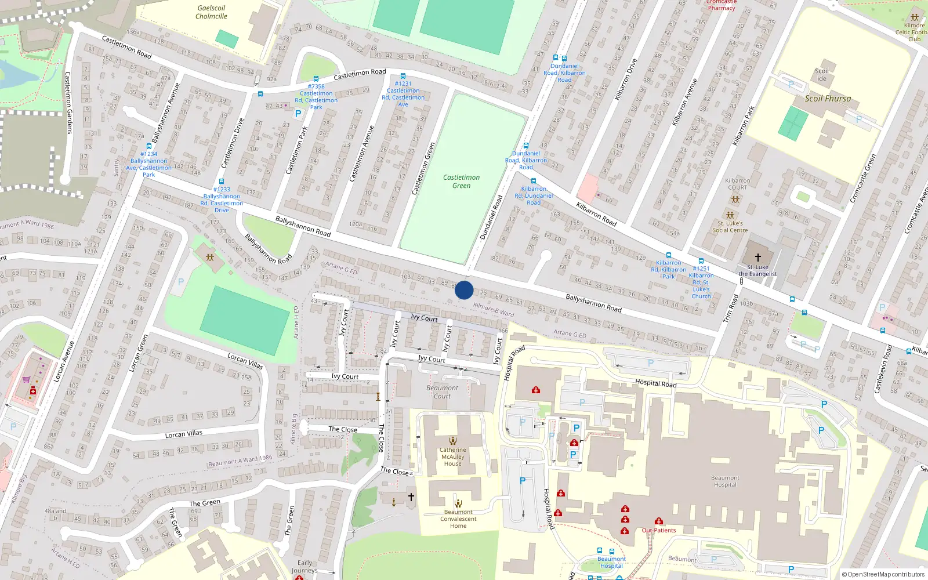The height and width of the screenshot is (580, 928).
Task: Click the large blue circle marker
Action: click(x=464, y=290)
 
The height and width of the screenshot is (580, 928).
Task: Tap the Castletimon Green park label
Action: click(x=461, y=182)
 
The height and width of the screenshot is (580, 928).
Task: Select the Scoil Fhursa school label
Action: click(x=828, y=99)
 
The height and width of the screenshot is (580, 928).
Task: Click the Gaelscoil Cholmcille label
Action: click(x=211, y=12)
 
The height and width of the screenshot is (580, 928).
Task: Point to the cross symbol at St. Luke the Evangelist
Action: click(x=757, y=257)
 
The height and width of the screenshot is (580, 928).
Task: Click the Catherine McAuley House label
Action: click(x=452, y=456)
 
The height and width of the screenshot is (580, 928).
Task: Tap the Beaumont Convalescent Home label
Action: click(x=458, y=519)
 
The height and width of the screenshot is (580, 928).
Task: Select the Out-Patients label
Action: click(x=659, y=530)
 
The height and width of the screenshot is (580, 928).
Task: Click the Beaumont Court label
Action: click(x=442, y=392)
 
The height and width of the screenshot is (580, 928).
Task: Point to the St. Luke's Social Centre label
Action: click(x=730, y=227)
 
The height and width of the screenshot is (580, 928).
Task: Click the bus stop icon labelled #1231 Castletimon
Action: click(x=403, y=76)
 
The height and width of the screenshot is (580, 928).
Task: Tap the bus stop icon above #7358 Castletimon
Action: click(x=316, y=79)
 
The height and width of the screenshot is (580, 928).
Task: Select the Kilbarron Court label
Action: click(x=737, y=184)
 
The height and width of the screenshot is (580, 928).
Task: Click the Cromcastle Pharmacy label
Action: click(x=722, y=5)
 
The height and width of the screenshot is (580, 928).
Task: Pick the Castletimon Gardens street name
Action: click(x=68, y=103)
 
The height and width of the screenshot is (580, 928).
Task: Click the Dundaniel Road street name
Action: click(x=491, y=217)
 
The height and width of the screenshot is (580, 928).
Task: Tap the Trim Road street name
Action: click(x=731, y=308)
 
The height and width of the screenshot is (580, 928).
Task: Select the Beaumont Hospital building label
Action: click(x=725, y=481)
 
